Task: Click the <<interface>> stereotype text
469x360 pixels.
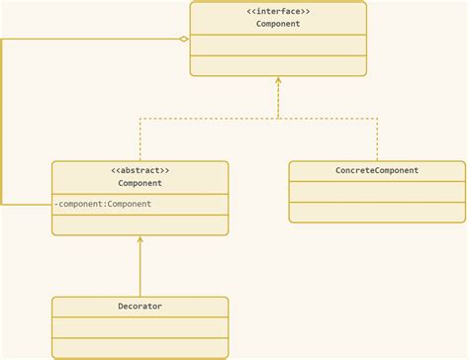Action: (x=278, y=11)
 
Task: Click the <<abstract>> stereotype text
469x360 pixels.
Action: (x=140, y=171)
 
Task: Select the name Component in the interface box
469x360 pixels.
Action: (x=278, y=23)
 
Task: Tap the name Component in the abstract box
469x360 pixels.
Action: (x=140, y=183)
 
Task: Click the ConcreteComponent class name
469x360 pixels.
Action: (x=377, y=170)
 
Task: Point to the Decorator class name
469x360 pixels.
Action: (x=140, y=307)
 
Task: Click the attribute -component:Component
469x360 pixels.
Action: (x=105, y=204)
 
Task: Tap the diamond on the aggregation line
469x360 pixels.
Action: (x=183, y=39)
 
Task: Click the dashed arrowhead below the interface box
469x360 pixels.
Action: (x=278, y=82)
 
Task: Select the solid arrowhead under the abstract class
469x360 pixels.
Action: (x=140, y=240)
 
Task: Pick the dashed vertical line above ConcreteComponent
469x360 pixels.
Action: (x=377, y=139)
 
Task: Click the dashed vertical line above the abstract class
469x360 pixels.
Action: (x=140, y=139)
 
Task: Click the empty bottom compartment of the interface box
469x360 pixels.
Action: (x=278, y=65)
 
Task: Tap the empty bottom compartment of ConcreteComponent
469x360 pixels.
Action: (x=377, y=212)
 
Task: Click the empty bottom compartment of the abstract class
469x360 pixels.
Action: (x=140, y=224)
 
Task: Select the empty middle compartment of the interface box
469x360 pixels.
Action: (x=278, y=45)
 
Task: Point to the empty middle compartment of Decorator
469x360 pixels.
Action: (x=140, y=327)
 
